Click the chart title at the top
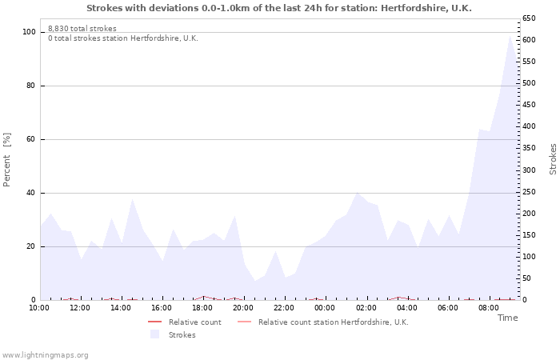point(279,8)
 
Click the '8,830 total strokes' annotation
point(82,29)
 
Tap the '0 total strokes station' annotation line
point(123,38)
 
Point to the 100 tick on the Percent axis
point(30,32)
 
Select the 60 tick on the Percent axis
point(31,139)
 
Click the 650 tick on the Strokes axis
point(529,18)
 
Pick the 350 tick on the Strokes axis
point(529,148)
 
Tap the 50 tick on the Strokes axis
point(526,278)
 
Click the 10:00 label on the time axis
point(39,308)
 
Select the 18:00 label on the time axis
point(202,308)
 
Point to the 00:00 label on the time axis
point(325,308)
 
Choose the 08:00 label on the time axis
point(489,308)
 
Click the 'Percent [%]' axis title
point(6,160)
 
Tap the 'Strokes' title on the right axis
point(553,159)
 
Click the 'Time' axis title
point(508,318)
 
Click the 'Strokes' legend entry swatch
point(154,334)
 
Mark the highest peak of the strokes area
point(510,36)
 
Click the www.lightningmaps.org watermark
point(45,355)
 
